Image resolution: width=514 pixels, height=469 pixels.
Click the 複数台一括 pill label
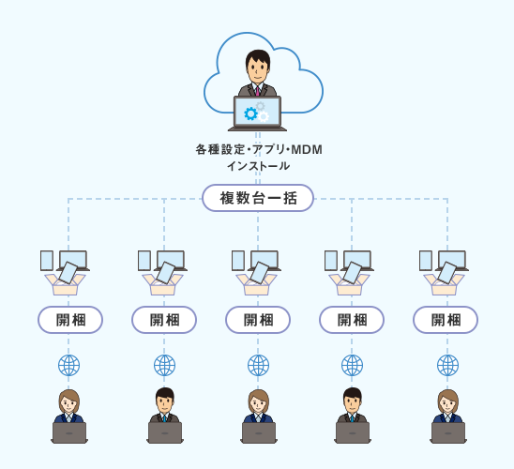tap(258, 198)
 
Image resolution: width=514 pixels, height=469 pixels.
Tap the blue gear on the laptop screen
tap(251, 113)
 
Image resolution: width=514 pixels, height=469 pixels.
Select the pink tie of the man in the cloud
tap(258, 90)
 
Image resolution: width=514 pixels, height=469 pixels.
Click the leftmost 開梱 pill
tap(70, 320)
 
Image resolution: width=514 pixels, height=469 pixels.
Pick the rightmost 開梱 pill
tap(446, 320)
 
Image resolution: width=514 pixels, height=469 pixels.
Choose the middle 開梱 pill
tap(258, 320)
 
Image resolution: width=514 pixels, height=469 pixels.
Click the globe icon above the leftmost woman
tap(68, 366)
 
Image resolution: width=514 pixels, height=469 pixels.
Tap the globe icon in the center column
tap(258, 366)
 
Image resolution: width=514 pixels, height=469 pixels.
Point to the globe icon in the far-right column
tap(447, 366)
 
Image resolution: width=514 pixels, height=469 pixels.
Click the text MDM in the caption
tap(307, 150)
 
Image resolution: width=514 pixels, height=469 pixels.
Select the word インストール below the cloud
tap(258, 166)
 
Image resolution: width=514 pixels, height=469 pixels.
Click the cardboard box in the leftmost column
tap(66, 284)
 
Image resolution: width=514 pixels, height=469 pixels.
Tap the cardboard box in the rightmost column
tap(445, 284)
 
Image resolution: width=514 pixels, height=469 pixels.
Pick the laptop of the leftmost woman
tap(69, 432)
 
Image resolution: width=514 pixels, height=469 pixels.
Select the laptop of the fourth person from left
tap(353, 432)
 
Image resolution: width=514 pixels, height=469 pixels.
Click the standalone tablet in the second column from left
tap(144, 261)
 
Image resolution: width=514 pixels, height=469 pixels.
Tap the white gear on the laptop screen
tap(263, 116)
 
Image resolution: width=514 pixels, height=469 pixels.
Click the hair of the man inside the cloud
tap(258, 56)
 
